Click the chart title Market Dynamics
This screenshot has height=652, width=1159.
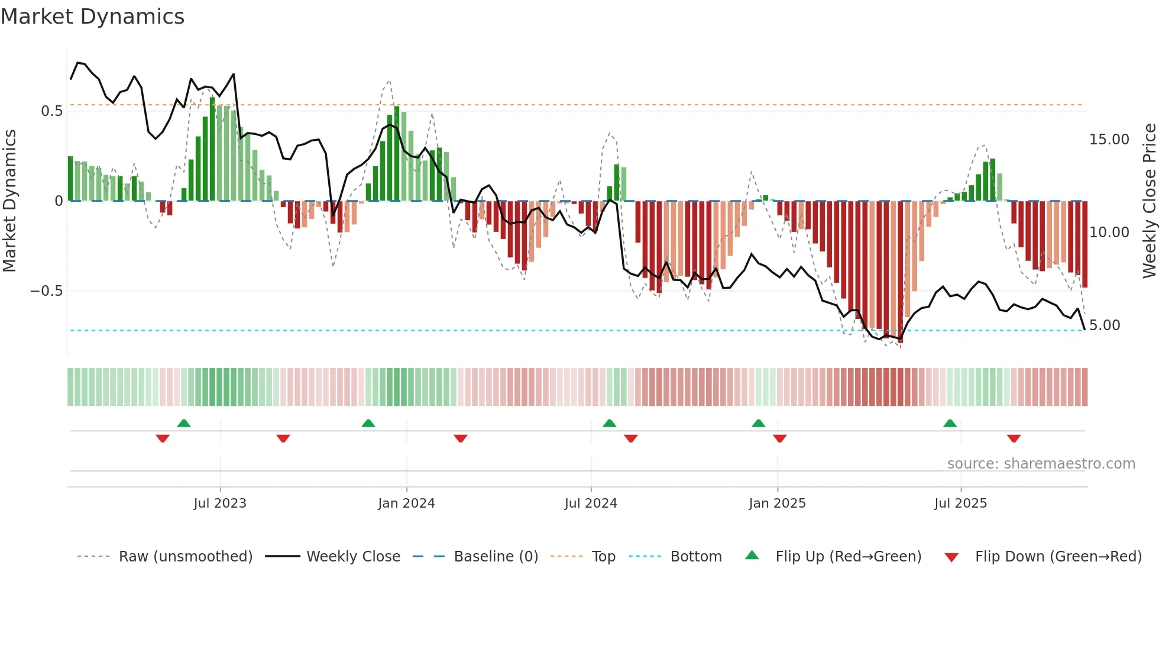click(92, 17)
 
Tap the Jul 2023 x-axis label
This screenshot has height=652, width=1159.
click(220, 503)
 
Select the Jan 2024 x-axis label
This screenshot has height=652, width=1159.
click(406, 503)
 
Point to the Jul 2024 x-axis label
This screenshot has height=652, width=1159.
click(591, 503)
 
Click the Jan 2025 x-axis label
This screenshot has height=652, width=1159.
click(777, 503)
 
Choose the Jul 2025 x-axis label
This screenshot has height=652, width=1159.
click(960, 503)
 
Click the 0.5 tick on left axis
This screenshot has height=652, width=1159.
click(51, 111)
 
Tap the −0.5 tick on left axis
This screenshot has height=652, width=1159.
click(46, 291)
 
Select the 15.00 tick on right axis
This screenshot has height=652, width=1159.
click(1109, 140)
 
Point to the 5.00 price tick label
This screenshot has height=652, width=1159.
click(1105, 325)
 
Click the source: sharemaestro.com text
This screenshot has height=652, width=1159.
click(1041, 464)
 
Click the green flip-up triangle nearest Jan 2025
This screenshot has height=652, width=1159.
click(758, 423)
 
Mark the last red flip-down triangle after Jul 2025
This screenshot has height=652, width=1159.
click(1014, 438)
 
